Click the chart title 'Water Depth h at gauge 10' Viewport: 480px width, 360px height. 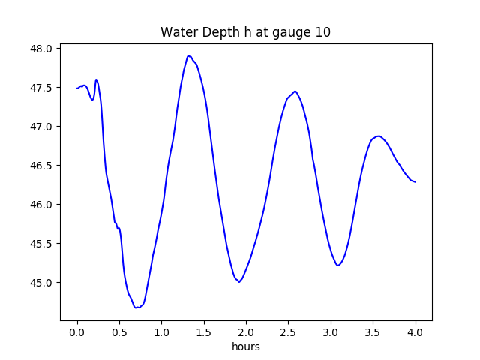245,33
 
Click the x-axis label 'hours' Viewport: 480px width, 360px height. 245,347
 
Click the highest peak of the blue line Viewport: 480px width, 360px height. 189,56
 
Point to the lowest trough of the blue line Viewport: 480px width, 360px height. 137,307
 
